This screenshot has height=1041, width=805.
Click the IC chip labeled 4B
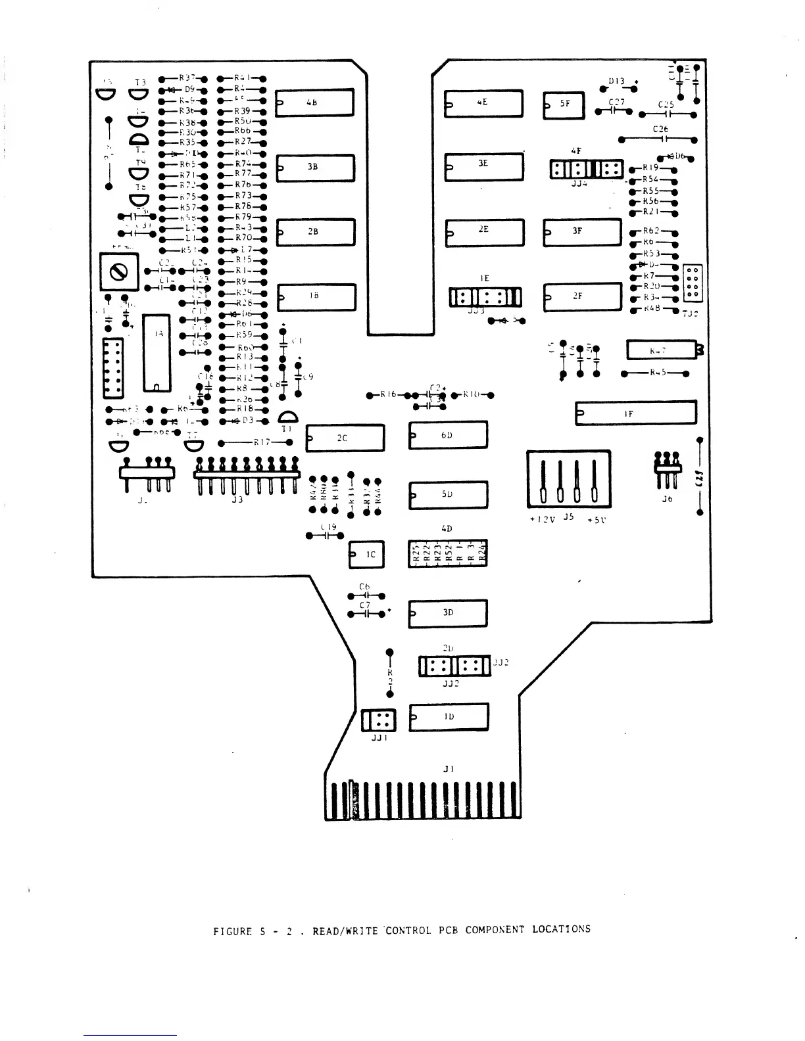coord(315,103)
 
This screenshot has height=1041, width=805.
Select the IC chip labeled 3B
coord(315,168)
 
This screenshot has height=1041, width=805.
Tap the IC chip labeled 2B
coord(316,232)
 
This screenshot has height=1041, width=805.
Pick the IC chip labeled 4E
coord(484,103)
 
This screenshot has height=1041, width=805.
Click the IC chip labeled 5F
coord(564,105)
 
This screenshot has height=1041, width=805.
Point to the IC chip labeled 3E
coord(484,167)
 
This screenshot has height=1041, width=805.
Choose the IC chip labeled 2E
coord(485,232)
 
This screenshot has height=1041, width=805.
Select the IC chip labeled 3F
coord(582,232)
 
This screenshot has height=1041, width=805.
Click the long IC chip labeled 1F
coord(635,413)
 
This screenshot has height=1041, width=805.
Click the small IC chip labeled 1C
coord(366,555)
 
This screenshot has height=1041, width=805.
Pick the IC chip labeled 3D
coord(448,613)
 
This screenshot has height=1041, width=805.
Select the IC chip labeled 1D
coord(449,716)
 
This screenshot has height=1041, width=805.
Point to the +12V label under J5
coord(543,519)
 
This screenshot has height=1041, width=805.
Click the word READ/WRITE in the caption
coord(345,931)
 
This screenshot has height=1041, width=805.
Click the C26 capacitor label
coord(660,129)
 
